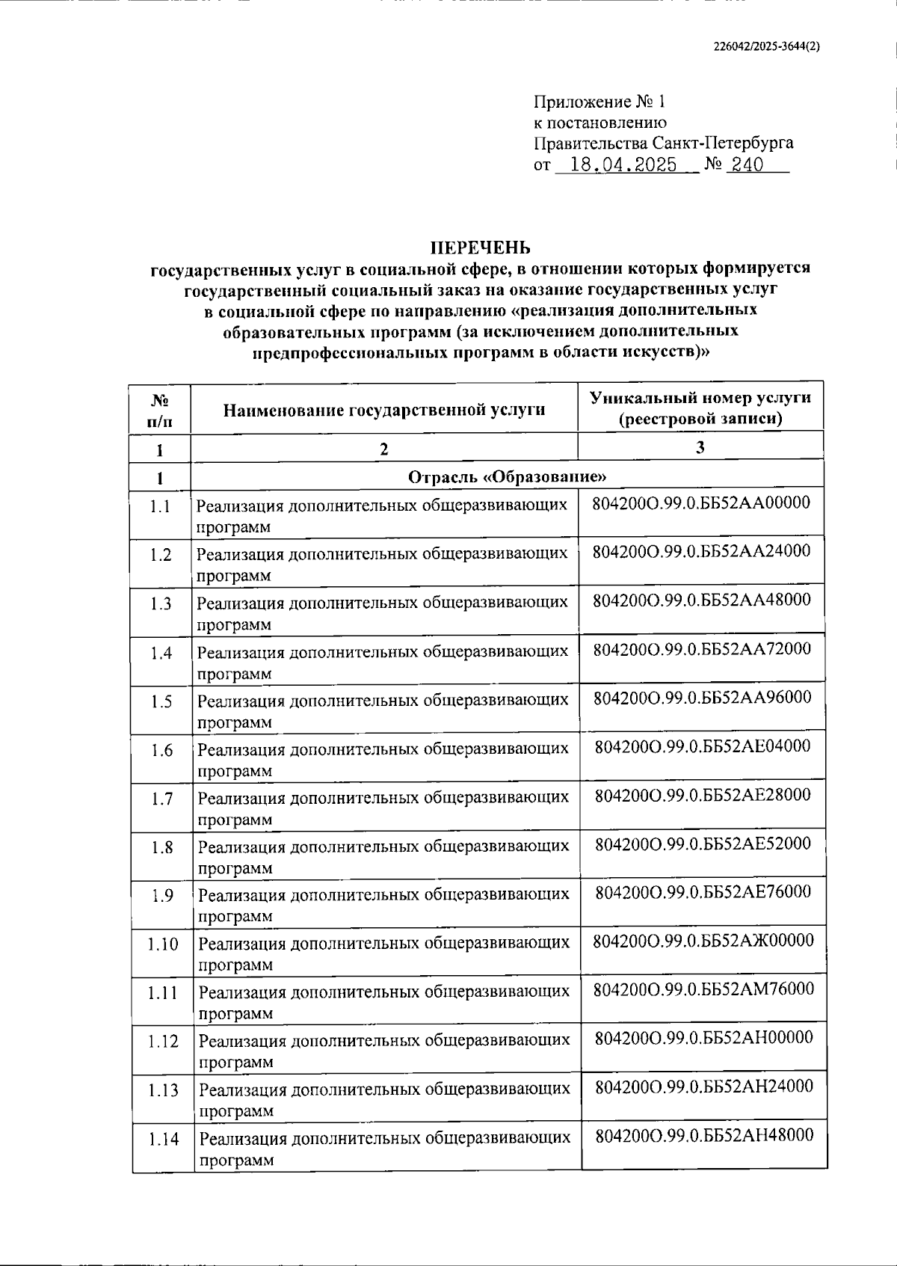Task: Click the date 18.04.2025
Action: pyautogui.click(x=623, y=165)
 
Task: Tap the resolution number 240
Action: pyautogui.click(x=747, y=165)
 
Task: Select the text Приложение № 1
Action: pyautogui.click(x=598, y=102)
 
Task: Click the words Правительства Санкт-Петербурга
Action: pyautogui.click(x=663, y=143)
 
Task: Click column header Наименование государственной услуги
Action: pyautogui.click(x=384, y=410)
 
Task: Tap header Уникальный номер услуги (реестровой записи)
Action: pyautogui.click(x=700, y=408)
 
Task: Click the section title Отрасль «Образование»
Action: pyautogui.click(x=507, y=477)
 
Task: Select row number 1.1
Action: pyautogui.click(x=160, y=506)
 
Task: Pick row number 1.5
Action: pyautogui.click(x=161, y=701)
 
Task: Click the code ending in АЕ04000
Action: pyautogui.click(x=703, y=746)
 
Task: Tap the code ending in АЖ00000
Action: pyautogui.click(x=703, y=940)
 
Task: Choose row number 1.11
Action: pyautogui.click(x=162, y=993)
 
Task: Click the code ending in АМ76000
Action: pyautogui.click(x=703, y=989)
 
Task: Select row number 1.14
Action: pyautogui.click(x=163, y=1139)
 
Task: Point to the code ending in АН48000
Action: pyautogui.click(x=704, y=1134)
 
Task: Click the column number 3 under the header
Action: pyautogui.click(x=700, y=447)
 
